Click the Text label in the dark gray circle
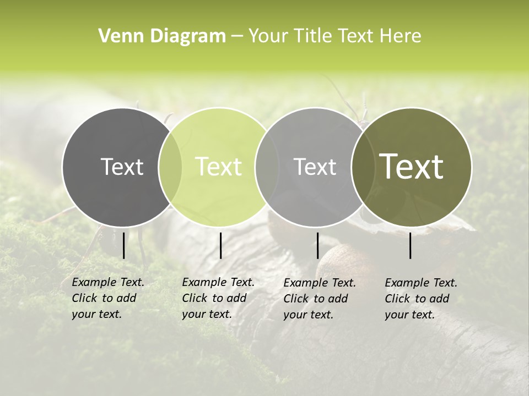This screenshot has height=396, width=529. point(122,167)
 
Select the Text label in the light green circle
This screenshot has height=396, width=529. point(219,167)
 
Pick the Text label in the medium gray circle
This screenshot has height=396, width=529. point(315,167)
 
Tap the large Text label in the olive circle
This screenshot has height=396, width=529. point(412,167)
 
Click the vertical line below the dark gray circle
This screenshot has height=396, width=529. point(123,245)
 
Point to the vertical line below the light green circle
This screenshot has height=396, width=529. point(220,245)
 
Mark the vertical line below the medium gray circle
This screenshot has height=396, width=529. point(317,245)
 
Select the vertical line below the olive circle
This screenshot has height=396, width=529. point(411,245)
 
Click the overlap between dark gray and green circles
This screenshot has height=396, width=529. point(170,167)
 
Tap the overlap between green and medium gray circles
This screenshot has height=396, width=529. point(267,167)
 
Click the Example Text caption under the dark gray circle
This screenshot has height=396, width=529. point(107,298)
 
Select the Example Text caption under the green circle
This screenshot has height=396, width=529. point(218,298)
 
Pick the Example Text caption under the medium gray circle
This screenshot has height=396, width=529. point(319,299)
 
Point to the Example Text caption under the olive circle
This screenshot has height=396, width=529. point(420,299)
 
